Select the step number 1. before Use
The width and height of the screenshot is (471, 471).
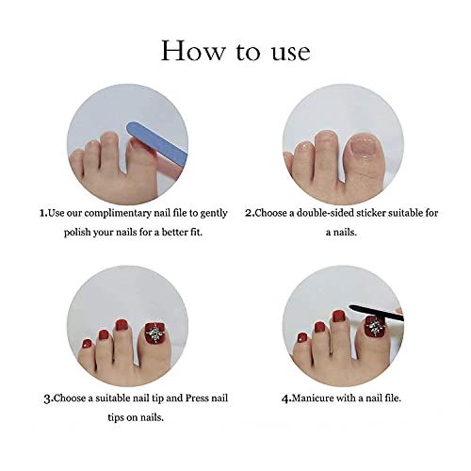tap(43, 214)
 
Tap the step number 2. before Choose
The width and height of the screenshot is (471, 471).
tap(250, 214)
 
